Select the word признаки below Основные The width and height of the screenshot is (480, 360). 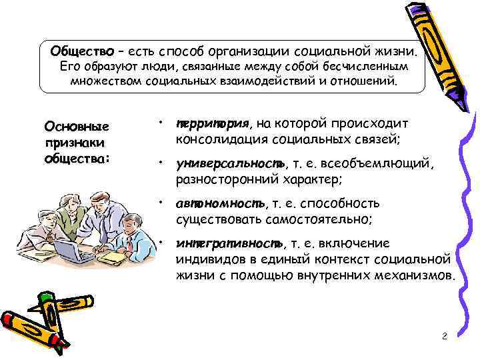tap(70, 142)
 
